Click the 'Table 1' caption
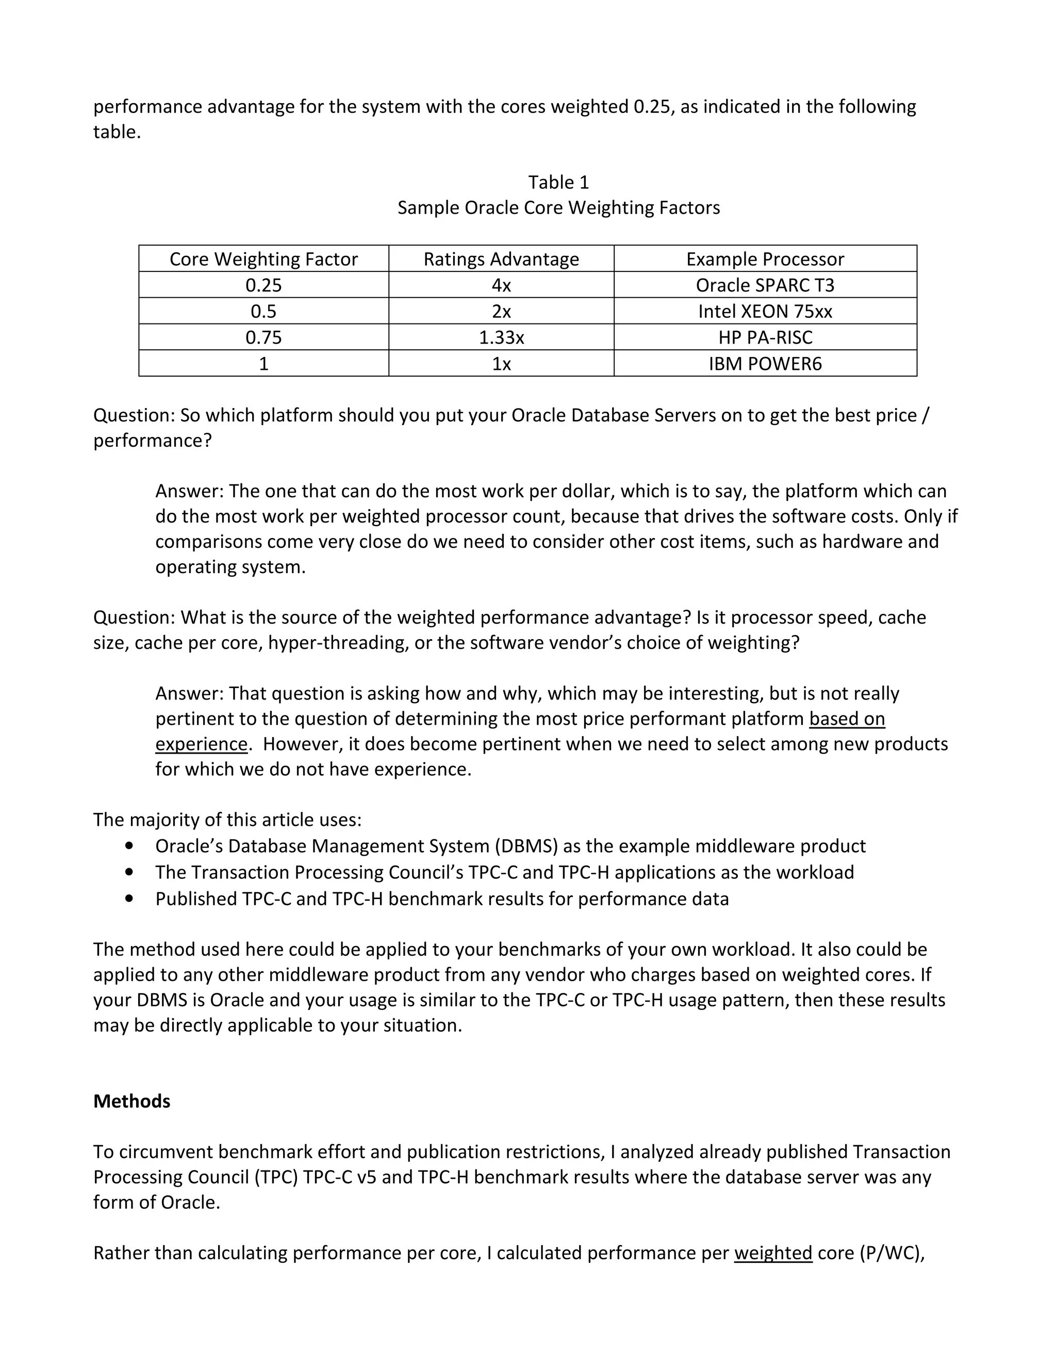pyautogui.click(x=558, y=182)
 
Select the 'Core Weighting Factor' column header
pyautogui.click(x=263, y=259)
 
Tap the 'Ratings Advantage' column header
pyautogui.click(x=501, y=259)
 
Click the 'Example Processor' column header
pyautogui.click(x=765, y=259)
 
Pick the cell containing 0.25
pyautogui.click(x=263, y=285)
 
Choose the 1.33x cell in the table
pyautogui.click(x=501, y=338)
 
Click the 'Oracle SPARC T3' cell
pyautogui.click(x=765, y=285)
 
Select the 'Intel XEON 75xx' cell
pyautogui.click(x=765, y=312)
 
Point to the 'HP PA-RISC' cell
pyautogui.click(x=765, y=338)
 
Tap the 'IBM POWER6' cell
pyautogui.click(x=765, y=364)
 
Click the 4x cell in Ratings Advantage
pyautogui.click(x=501, y=285)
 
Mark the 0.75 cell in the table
pyautogui.click(x=263, y=338)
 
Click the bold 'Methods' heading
pyautogui.click(x=131, y=1101)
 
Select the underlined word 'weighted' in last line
pyautogui.click(x=772, y=1252)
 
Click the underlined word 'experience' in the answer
pyautogui.click(x=202, y=744)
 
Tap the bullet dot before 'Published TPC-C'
pyautogui.click(x=129, y=898)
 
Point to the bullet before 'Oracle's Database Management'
pyautogui.click(x=129, y=845)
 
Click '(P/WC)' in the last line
pyautogui.click(x=892, y=1252)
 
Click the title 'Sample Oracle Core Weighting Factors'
pyautogui.click(x=558, y=208)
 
